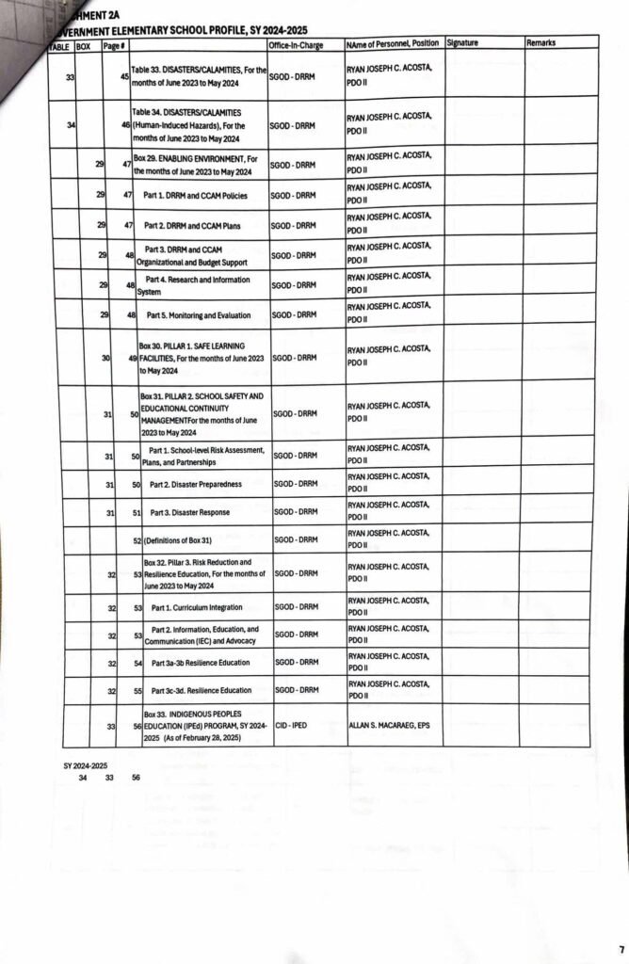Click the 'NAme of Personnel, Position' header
pos(392,44)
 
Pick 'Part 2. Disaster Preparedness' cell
pos(196,484)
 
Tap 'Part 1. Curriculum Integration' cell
pos(197,607)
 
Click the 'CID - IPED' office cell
pos(295,725)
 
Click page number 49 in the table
pos(134,359)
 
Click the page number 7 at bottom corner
pos(621,948)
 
